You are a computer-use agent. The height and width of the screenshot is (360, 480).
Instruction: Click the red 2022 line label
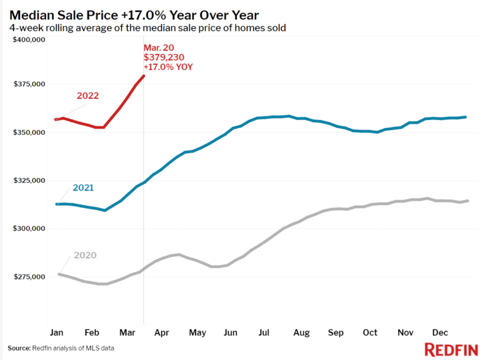(88, 96)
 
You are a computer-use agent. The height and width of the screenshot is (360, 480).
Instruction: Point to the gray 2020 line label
(85, 256)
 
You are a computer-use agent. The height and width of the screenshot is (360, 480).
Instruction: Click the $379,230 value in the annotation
(162, 57)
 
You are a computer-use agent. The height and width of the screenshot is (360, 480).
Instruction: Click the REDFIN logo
(447, 349)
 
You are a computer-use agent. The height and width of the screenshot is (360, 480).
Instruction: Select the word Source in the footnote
(19, 347)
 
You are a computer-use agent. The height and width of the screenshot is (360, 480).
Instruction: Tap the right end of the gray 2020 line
(468, 201)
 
